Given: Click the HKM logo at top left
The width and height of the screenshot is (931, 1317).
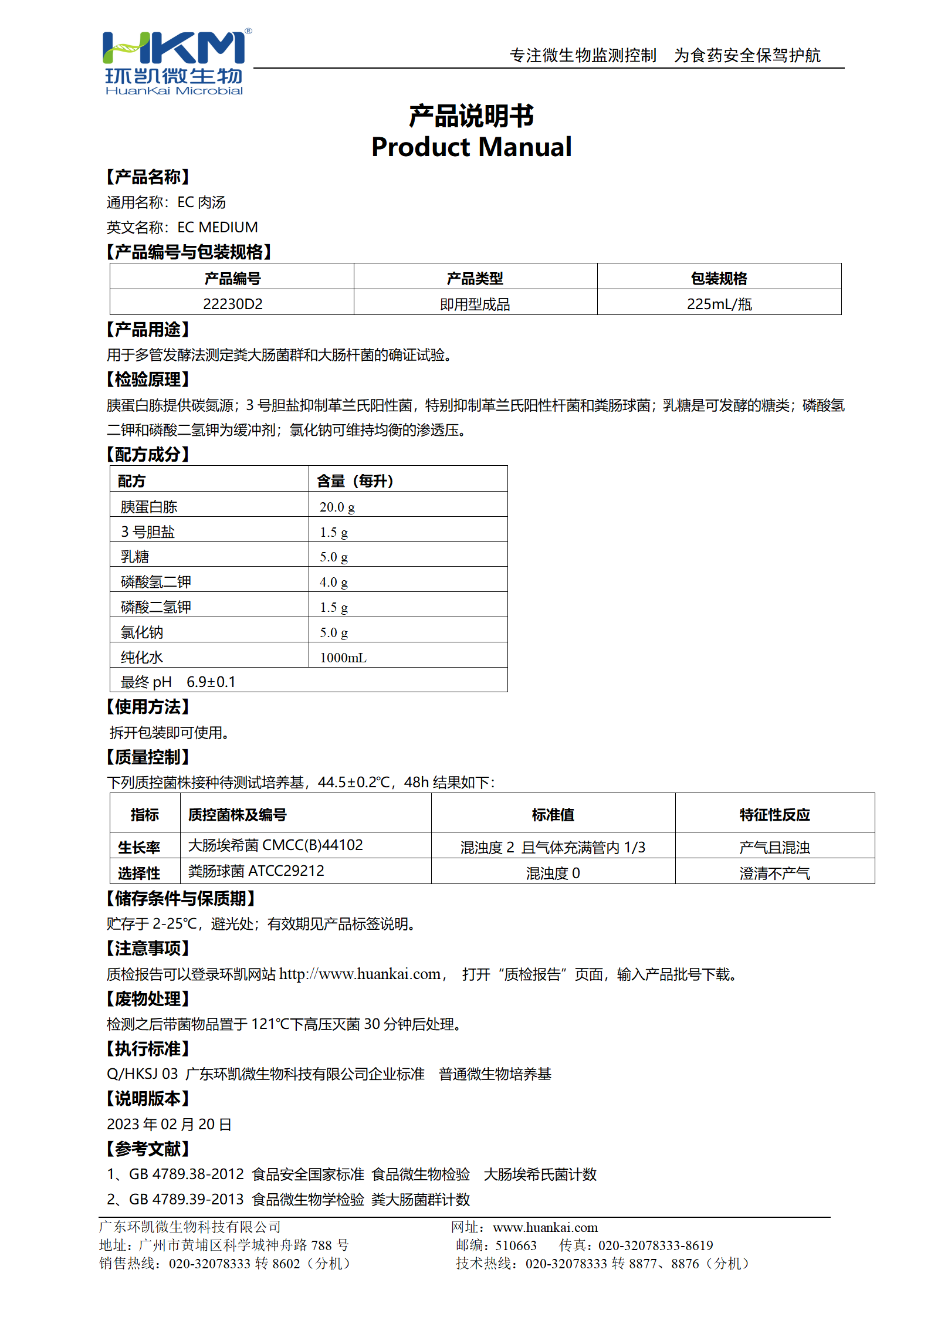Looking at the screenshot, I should (174, 62).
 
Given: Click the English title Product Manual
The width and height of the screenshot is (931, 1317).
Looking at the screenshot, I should (471, 147).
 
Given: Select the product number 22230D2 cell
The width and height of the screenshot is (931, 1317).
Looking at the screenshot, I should (232, 304).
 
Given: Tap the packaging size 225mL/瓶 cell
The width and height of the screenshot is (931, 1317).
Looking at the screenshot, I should (719, 304).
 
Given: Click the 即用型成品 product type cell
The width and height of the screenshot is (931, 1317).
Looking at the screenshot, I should (475, 304).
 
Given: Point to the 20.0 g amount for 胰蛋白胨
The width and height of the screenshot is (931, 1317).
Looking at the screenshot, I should (337, 507).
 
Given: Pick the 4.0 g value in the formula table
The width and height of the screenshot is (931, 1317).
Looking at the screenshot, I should (333, 582).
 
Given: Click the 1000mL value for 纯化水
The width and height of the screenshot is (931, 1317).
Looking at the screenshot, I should (343, 658).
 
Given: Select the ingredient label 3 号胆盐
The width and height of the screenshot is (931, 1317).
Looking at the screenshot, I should (148, 532).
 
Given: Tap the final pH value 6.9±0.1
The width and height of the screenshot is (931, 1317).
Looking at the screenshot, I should (211, 682).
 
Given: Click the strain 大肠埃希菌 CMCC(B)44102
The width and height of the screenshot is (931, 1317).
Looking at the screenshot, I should (275, 845).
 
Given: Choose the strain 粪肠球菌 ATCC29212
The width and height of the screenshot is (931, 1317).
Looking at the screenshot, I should (256, 871).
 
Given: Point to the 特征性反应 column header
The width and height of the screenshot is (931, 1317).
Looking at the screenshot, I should (774, 814).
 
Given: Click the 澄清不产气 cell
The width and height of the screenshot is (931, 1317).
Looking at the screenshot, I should (774, 874).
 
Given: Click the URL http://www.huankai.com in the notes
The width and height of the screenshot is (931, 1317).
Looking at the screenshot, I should (360, 974).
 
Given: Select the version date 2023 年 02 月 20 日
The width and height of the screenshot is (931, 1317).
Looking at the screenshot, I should (169, 1124).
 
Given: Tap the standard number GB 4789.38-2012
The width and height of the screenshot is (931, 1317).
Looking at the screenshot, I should (186, 1174).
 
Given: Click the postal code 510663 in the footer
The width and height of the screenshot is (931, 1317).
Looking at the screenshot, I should (516, 1245).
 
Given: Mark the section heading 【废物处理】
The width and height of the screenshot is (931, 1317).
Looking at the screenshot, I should (147, 998).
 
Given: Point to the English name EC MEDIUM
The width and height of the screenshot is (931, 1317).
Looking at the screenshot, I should (217, 227).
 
